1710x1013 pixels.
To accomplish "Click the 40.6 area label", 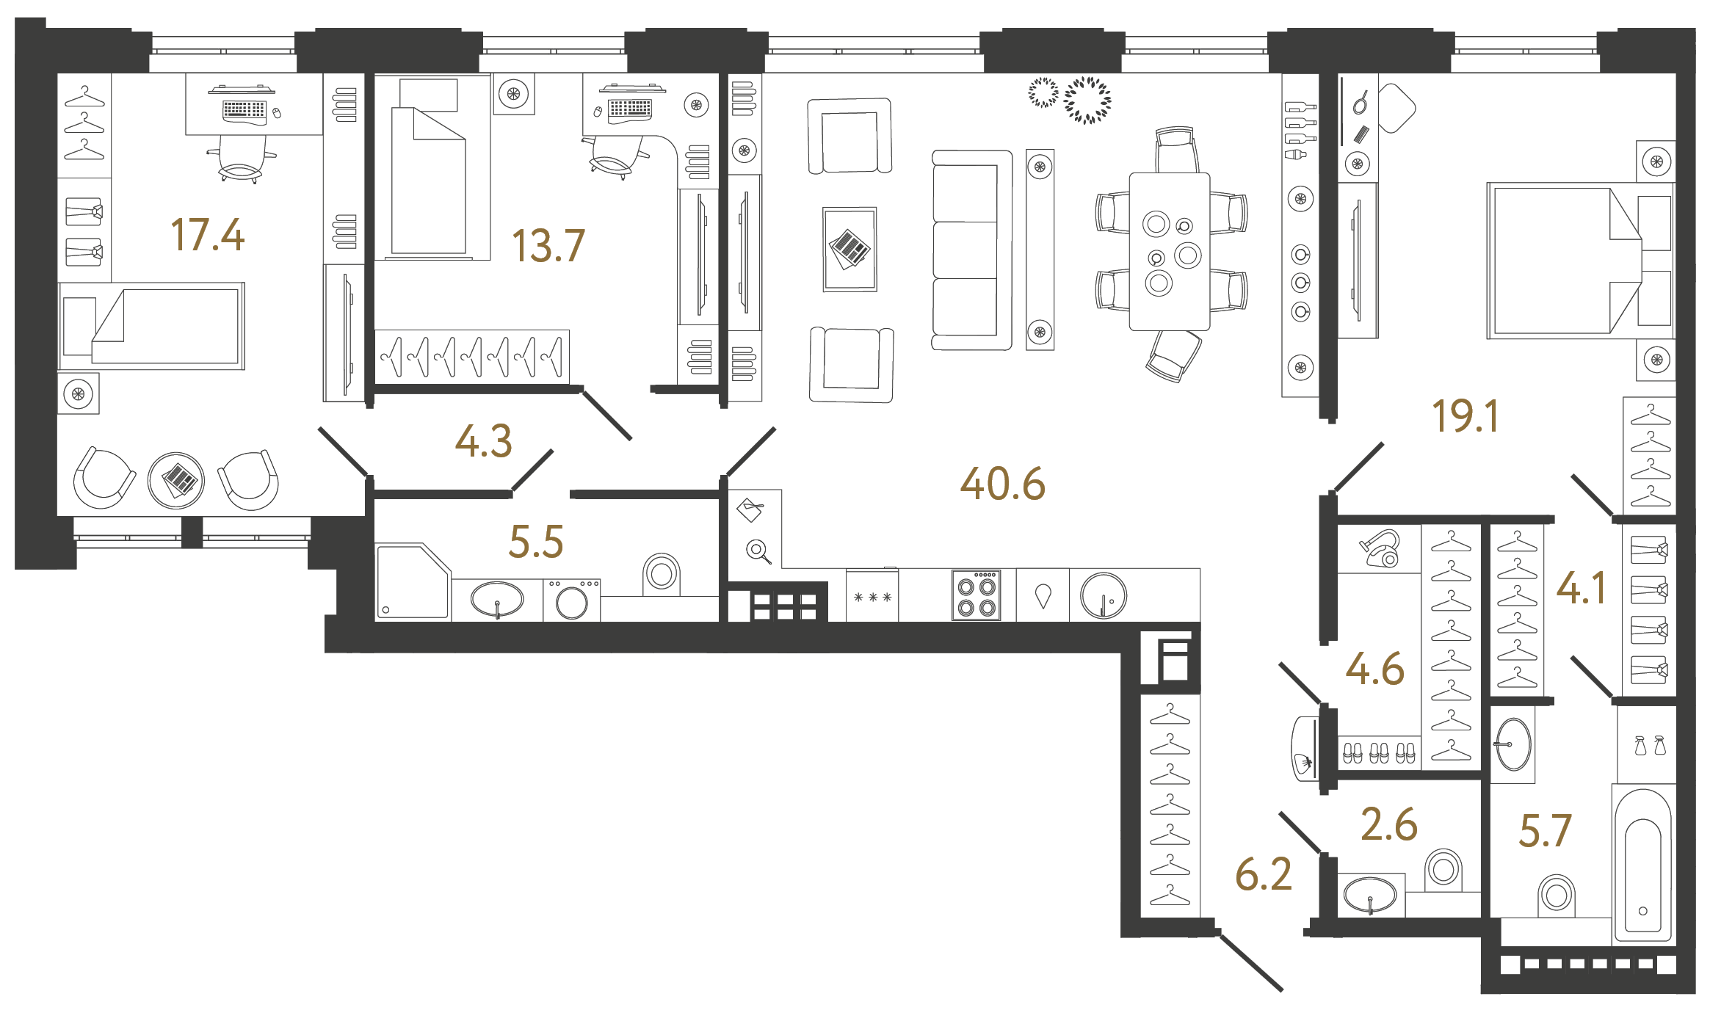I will tap(1002, 484).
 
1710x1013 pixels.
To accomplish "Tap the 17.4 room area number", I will tap(207, 236).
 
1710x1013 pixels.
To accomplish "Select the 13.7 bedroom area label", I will tap(548, 246).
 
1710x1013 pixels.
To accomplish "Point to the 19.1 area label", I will tap(1465, 416).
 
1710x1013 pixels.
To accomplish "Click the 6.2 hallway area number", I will tap(1263, 874).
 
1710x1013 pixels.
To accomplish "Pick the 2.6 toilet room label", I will tap(1388, 824).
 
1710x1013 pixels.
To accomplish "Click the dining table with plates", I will tap(1169, 252).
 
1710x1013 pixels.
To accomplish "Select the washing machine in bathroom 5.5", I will tap(571, 600).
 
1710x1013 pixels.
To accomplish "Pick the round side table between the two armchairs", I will tap(176, 481).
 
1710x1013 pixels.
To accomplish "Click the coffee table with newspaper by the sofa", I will tap(849, 250).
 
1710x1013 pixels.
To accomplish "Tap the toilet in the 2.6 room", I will tap(1443, 870).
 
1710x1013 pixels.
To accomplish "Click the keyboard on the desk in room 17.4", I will tap(244, 110).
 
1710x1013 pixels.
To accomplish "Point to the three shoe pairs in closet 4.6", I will tap(1379, 753).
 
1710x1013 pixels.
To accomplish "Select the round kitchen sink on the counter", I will tap(1103, 596).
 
